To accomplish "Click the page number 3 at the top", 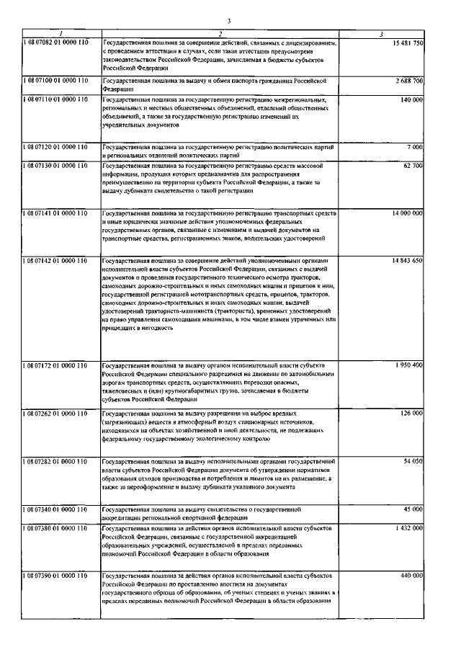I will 228,22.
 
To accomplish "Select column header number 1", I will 61,35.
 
